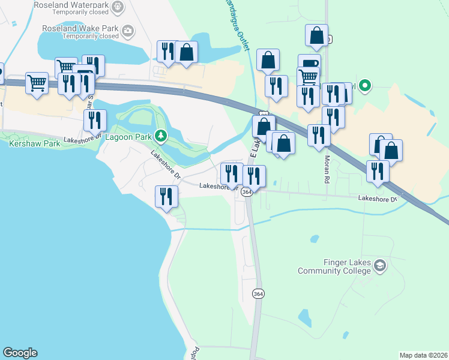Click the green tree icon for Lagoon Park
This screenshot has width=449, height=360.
[x=160, y=136]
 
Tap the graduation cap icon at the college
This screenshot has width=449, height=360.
[x=379, y=265]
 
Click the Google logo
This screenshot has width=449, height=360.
[x=20, y=353]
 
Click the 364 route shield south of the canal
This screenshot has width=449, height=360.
[x=258, y=294]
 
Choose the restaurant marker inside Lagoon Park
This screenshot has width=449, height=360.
[x=95, y=121]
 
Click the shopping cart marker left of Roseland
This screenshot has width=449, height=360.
[x=37, y=83]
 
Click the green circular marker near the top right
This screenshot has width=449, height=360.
[x=364, y=86]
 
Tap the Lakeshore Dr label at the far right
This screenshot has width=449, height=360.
[x=378, y=199]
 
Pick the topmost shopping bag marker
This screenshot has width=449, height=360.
[x=316, y=35]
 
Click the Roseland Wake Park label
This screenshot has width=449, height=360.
[x=81, y=28]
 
